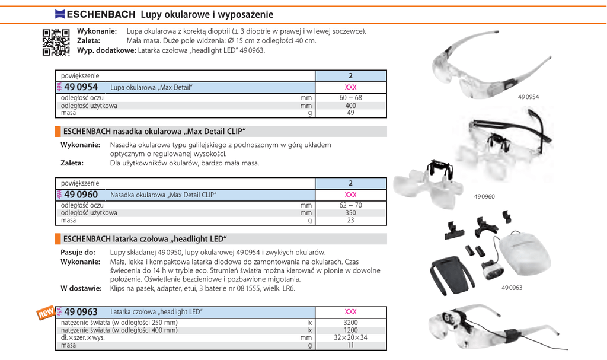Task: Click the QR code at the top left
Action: click(x=56, y=42)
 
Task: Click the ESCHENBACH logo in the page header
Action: click(x=95, y=14)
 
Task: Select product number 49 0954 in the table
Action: click(x=81, y=87)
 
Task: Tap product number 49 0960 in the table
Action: click(x=81, y=195)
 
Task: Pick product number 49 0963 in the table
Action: click(x=81, y=312)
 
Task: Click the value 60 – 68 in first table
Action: click(x=350, y=98)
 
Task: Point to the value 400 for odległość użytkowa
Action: click(x=350, y=106)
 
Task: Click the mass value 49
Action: click(x=350, y=113)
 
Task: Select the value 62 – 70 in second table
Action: click(x=350, y=205)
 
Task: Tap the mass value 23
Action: click(x=350, y=220)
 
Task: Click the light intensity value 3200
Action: click(x=350, y=323)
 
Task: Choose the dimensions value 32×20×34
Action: click(x=350, y=337)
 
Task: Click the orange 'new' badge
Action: click(x=46, y=313)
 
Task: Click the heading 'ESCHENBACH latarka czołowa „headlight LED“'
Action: click(x=145, y=239)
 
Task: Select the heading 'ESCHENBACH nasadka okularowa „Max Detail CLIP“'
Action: click(x=154, y=132)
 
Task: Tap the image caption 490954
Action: click(x=528, y=97)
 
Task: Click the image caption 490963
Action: click(x=512, y=288)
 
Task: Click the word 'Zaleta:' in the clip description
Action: click(x=72, y=163)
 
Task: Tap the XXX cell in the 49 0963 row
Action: click(x=350, y=312)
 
